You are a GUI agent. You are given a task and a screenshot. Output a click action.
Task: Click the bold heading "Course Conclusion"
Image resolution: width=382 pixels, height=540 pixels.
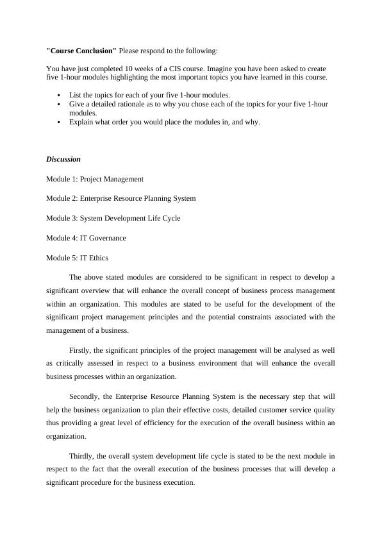point(81,50)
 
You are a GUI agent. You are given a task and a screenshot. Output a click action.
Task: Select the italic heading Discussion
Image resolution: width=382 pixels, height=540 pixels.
point(63,159)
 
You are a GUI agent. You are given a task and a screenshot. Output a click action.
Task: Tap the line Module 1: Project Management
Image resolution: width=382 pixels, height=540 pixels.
point(95,179)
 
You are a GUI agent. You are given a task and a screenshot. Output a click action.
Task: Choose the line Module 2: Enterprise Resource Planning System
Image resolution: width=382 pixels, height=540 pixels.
point(121,198)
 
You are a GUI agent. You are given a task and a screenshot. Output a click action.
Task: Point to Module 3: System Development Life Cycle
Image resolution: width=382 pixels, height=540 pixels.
point(113,218)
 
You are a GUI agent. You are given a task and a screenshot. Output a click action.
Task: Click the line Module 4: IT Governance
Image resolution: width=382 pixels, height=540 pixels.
point(86,238)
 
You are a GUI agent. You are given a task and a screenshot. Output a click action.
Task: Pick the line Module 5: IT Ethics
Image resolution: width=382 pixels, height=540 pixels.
point(77,258)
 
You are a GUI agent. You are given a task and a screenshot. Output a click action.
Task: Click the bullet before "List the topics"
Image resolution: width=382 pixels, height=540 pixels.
point(59,95)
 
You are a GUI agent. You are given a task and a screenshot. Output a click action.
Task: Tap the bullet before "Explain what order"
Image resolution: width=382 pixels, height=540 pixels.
point(59,122)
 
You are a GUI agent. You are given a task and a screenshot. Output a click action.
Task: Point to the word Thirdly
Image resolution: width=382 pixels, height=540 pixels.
point(83,456)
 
